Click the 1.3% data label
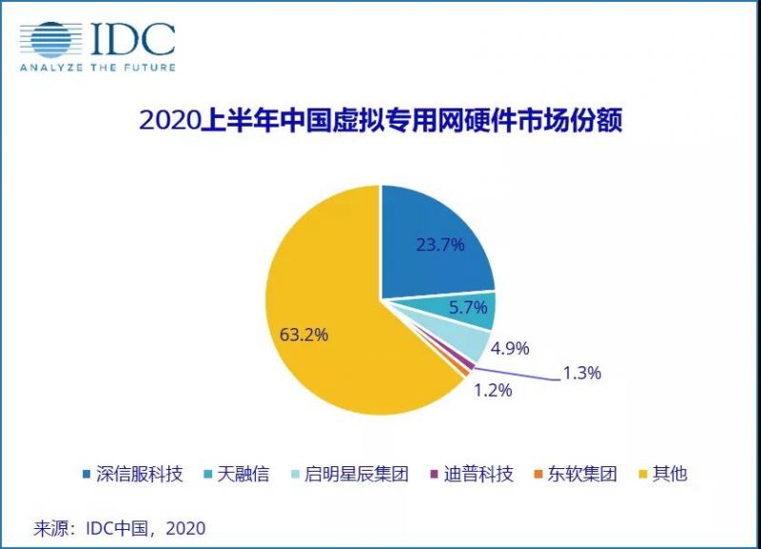(x=582, y=373)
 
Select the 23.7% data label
(x=439, y=245)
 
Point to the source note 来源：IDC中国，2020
(x=120, y=526)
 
